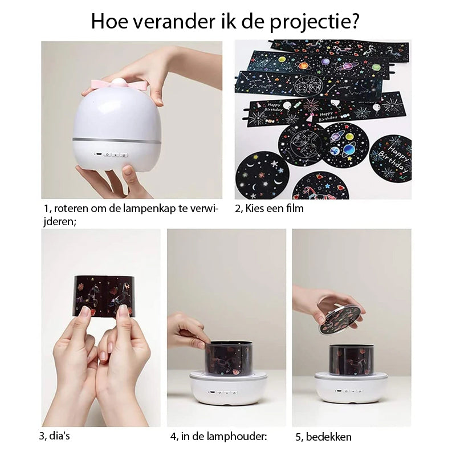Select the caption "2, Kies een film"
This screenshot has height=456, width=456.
[269, 209]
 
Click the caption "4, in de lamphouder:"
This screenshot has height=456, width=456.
[218, 437]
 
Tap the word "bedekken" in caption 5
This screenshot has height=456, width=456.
[328, 437]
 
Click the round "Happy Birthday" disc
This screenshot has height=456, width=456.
[390, 158]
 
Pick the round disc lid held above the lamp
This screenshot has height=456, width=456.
[340, 319]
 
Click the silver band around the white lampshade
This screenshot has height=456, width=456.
[116, 139]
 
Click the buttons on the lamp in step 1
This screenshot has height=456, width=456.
[114, 154]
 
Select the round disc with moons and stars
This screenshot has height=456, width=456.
[262, 174]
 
